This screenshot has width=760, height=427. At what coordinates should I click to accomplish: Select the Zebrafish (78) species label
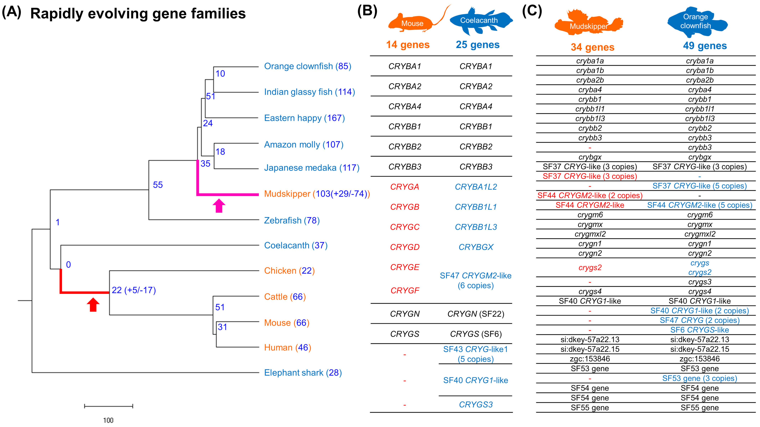click(291, 220)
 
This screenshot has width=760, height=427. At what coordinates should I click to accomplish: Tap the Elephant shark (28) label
click(303, 373)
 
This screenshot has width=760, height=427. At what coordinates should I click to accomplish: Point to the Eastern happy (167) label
click(304, 118)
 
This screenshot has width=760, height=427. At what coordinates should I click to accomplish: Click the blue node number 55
click(158, 185)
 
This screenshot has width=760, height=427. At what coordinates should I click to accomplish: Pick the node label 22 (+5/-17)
click(134, 290)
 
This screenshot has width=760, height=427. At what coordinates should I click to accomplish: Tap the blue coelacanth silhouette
click(479, 21)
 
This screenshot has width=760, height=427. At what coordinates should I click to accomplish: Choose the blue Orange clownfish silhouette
click(696, 22)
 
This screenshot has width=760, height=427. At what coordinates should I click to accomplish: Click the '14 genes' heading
click(408, 45)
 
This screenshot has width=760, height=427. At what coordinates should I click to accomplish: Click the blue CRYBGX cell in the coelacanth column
click(476, 247)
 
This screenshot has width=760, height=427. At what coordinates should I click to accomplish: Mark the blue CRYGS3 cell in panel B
click(476, 405)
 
